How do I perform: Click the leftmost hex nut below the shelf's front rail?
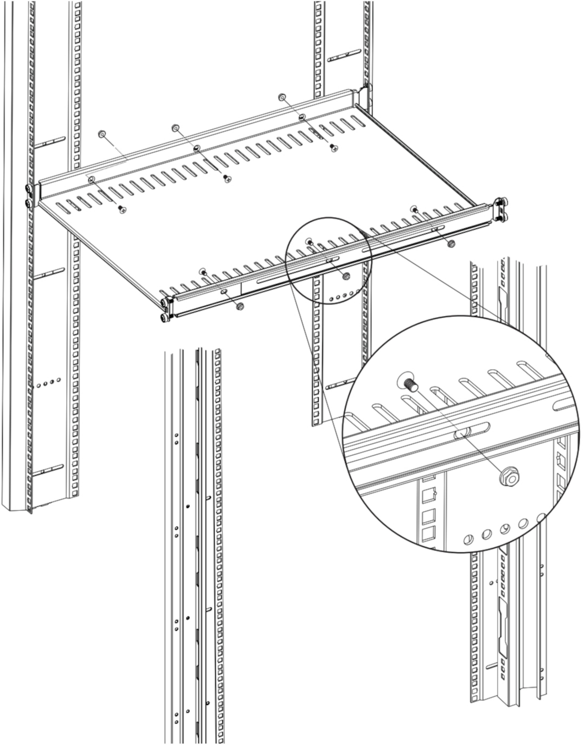(240, 306)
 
